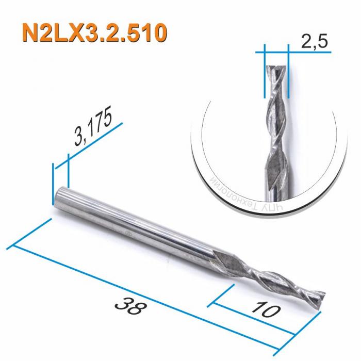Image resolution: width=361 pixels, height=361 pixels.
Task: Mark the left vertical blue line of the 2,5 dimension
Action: click(x=264, y=72)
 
